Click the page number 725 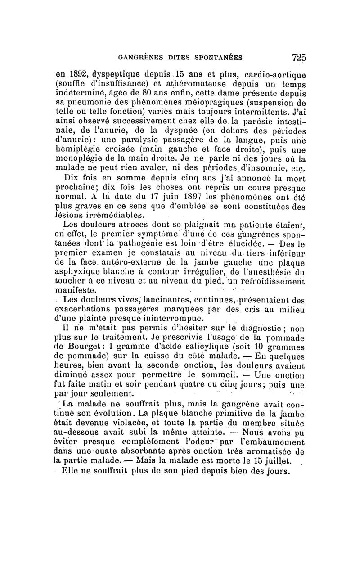coord(299,57)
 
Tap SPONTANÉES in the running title coord(219,58)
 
